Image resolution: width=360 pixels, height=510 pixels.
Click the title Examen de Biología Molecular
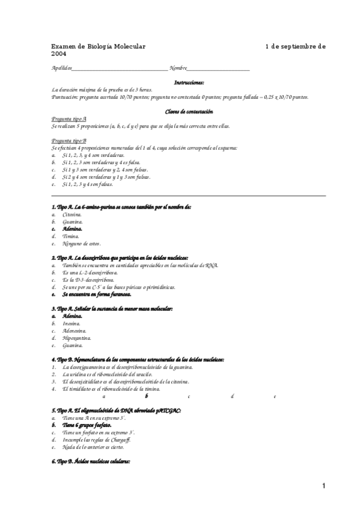click(99, 46)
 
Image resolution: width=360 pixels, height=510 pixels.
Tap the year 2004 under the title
click(58, 54)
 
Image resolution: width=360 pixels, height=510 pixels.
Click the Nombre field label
click(178, 68)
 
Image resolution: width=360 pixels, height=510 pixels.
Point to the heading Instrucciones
click(189, 82)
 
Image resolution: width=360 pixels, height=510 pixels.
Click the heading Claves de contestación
click(189, 111)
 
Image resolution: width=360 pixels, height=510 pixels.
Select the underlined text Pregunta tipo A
click(69, 119)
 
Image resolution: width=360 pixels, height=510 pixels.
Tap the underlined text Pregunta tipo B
click(69, 140)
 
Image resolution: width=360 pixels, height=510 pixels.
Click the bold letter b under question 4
click(146, 396)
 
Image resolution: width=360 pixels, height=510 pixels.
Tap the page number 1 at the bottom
click(323, 486)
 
